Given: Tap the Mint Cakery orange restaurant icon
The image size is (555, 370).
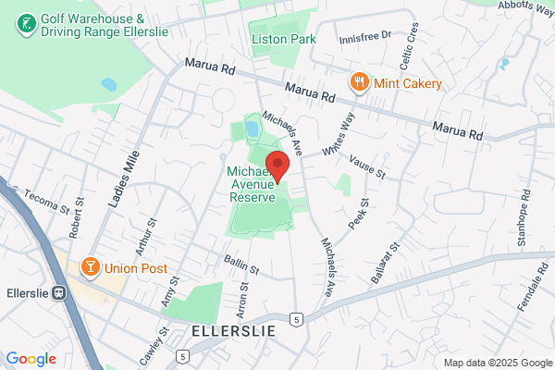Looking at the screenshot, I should tap(358, 83).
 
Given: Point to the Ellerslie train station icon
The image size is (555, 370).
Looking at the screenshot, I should tap(59, 293).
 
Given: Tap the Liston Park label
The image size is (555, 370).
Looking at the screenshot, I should tap(284, 39).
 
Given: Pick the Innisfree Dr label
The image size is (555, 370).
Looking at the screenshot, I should tap(366, 34).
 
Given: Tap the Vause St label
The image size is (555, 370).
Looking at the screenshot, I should tap(367, 167).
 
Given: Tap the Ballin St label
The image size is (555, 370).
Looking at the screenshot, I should tap(238, 263).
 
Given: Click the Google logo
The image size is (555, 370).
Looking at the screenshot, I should tap(31, 359).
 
